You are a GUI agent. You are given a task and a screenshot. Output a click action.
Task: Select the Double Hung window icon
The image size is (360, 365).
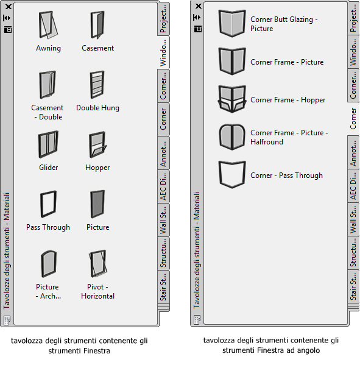[x=97, y=85]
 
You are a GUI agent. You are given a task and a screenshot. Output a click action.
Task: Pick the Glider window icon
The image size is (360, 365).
[x=48, y=144]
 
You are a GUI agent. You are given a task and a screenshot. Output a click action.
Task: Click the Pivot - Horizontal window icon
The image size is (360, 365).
[x=98, y=264]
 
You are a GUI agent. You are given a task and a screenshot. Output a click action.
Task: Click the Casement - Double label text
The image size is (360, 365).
[x=48, y=112]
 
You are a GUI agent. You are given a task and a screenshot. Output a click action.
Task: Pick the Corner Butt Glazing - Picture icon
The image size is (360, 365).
[x=232, y=23]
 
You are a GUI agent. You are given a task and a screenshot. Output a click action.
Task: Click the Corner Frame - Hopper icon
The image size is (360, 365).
[x=232, y=99]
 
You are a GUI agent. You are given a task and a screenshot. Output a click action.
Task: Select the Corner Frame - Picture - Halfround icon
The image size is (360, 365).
[x=232, y=137]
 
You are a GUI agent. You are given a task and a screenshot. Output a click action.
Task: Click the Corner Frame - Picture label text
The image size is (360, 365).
[x=287, y=62]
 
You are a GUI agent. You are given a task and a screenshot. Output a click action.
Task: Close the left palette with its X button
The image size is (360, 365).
[x=9, y=7]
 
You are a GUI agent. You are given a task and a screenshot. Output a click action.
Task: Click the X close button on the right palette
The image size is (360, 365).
[x=198, y=6]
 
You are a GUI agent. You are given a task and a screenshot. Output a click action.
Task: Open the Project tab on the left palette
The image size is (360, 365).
[x=163, y=19]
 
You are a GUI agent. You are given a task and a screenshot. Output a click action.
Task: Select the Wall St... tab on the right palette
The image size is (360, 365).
[x=353, y=219]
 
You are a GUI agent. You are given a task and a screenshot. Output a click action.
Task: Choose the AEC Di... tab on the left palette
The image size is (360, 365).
[x=163, y=186]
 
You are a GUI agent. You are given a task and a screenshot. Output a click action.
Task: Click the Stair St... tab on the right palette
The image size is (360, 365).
[x=353, y=286]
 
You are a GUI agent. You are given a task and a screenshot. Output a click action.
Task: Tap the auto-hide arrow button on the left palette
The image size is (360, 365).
[x=7, y=18]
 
